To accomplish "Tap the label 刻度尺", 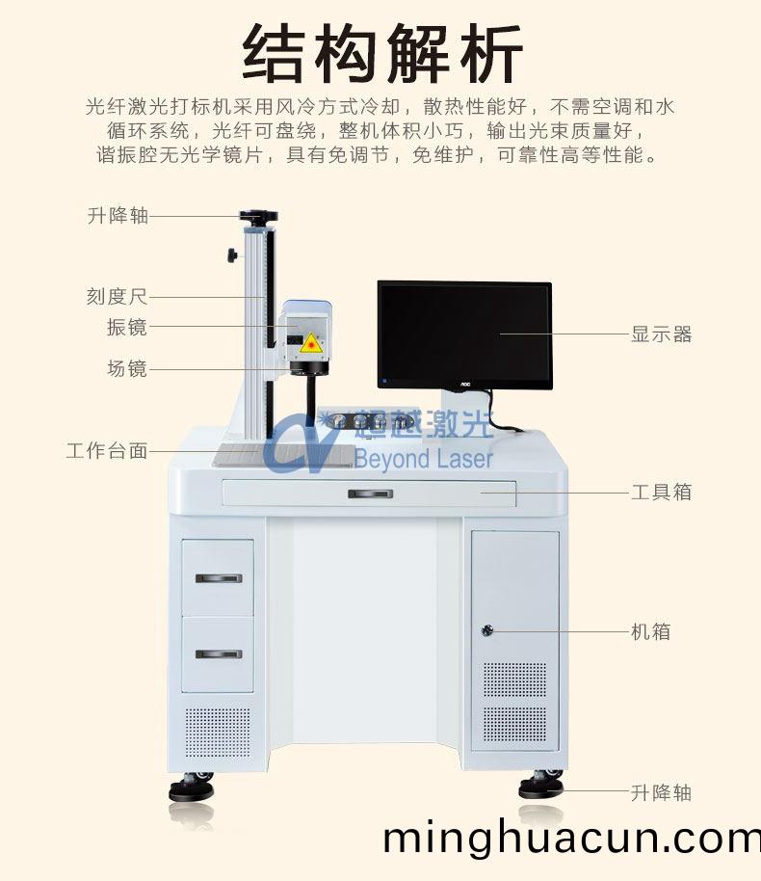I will [x=118, y=297].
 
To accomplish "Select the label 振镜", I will [x=127, y=327].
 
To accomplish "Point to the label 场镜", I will [x=127, y=367].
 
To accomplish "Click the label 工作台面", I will [x=107, y=450].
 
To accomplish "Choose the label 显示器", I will [x=662, y=334].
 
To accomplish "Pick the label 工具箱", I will [x=662, y=492].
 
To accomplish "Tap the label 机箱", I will [x=651, y=632].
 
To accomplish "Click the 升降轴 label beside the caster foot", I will [x=662, y=793].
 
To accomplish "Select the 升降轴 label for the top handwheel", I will [x=118, y=216].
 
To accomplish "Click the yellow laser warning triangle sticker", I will [x=310, y=343].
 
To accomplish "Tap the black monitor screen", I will [x=463, y=333].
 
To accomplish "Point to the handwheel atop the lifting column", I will [x=259, y=217].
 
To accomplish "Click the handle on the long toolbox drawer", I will [x=370, y=494].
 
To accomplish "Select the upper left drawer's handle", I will [x=219, y=578].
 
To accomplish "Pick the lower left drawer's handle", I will [x=219, y=654].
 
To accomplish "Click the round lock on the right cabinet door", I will [x=487, y=631].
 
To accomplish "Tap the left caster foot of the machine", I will [x=192, y=788].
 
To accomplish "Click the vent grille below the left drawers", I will [x=218, y=733].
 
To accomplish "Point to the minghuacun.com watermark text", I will [x=570, y=839].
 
